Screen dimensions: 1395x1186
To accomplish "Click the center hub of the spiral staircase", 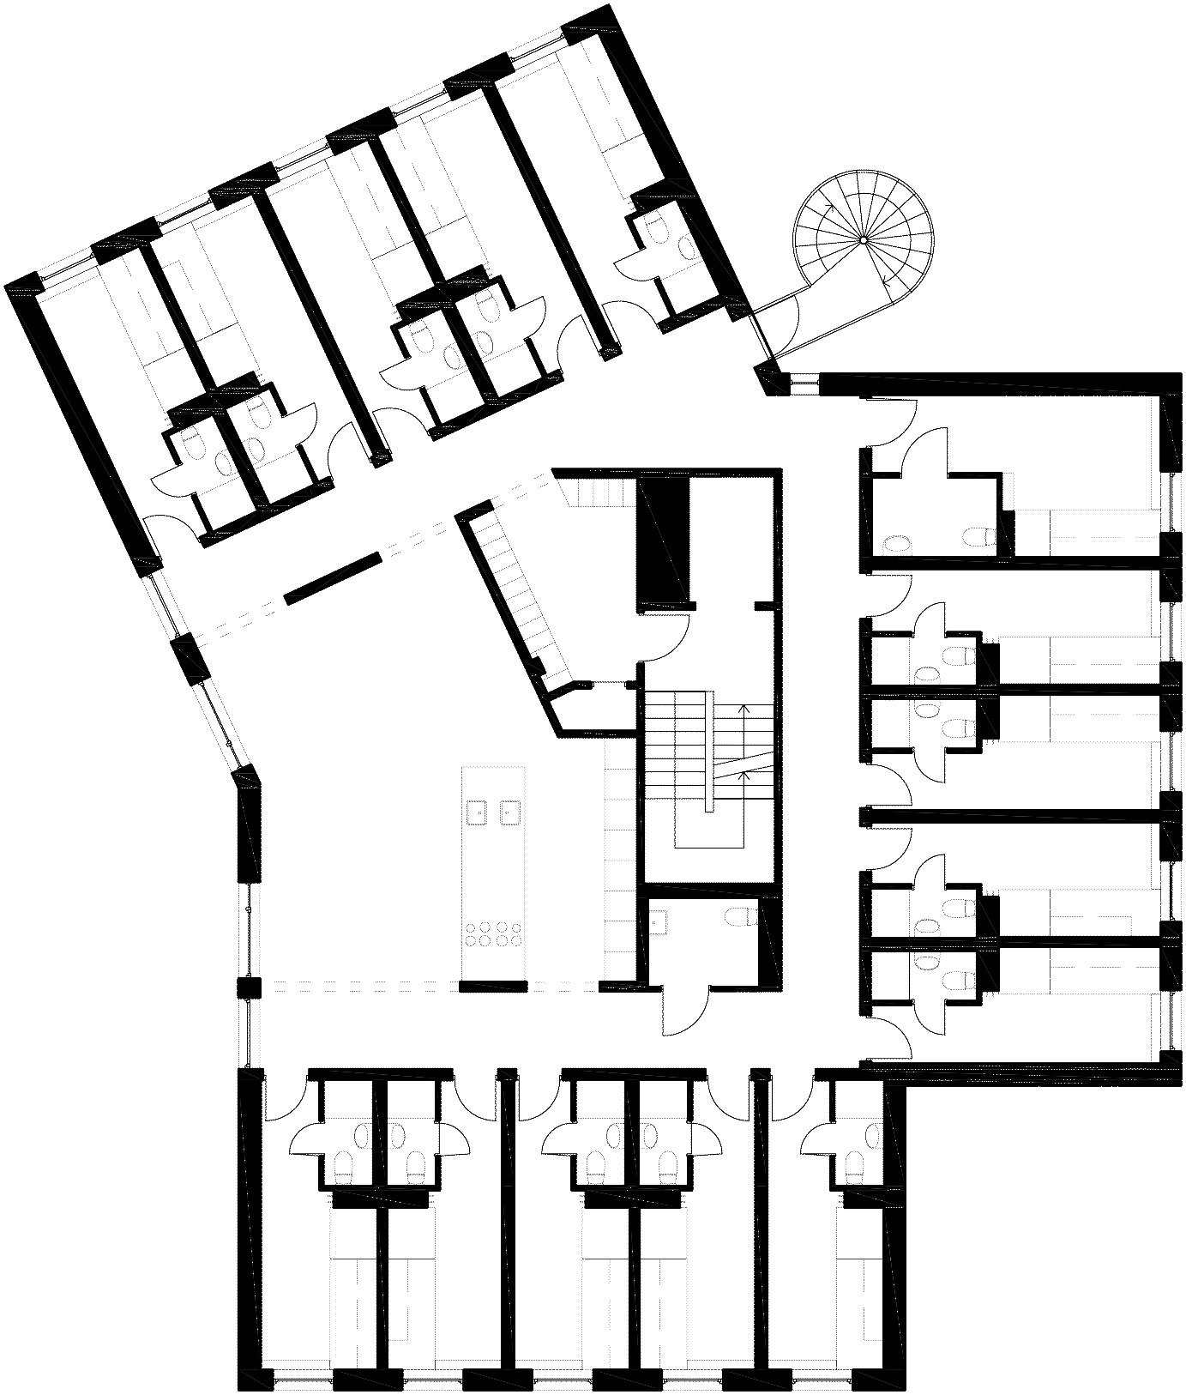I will click(x=864, y=240).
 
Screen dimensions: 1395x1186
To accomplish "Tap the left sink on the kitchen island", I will click(x=475, y=810).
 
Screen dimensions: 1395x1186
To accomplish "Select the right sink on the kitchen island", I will click(x=509, y=810).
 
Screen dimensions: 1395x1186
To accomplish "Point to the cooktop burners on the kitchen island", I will click(x=492, y=933).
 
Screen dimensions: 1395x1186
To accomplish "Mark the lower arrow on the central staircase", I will click(x=744, y=776).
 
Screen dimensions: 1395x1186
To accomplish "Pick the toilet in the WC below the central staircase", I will click(x=739, y=917).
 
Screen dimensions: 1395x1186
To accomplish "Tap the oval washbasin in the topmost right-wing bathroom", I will click(x=896, y=543).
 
